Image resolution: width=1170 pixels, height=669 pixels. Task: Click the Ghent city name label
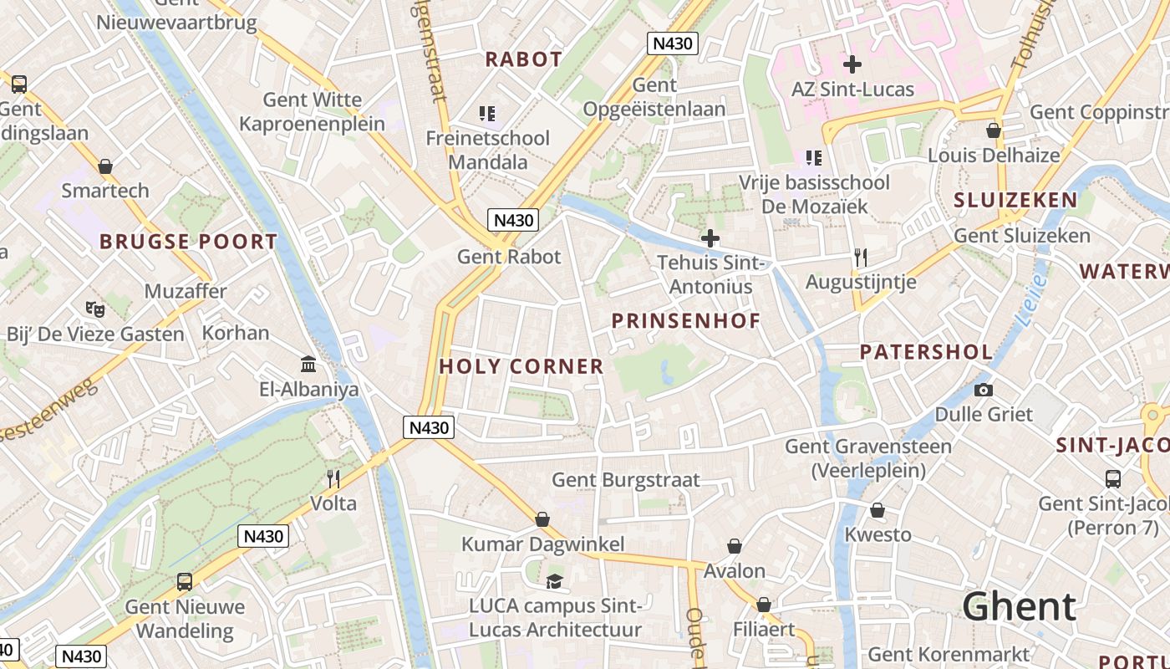coord(1019,606)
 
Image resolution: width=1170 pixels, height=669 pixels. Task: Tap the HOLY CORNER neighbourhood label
coord(521,366)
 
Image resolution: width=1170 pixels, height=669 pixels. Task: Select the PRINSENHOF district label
coord(686,321)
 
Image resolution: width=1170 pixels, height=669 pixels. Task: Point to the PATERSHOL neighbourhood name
coord(927,352)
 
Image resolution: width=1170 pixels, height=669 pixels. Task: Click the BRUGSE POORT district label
coord(188,243)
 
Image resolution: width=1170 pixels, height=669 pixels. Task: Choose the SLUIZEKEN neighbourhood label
coord(1015,200)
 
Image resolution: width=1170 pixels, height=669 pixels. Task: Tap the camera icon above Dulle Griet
coord(984,390)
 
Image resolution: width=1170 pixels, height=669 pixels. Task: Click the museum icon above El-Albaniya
coord(308,365)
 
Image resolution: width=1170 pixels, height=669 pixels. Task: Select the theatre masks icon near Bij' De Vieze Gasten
coord(95,309)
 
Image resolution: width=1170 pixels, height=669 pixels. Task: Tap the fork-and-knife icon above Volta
coord(333,478)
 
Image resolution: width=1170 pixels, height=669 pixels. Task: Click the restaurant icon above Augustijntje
coord(861,258)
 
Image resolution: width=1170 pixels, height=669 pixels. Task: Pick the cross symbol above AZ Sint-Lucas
coord(852,64)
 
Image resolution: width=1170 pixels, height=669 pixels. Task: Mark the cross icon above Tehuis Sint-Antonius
coord(710,238)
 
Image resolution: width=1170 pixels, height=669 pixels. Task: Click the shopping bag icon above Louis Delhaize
coord(994,130)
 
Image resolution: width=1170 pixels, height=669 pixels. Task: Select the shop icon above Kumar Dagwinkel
coord(542,519)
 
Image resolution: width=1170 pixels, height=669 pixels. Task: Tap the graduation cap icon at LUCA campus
coord(554,581)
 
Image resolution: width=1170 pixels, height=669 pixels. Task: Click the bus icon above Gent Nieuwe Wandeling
coord(184,581)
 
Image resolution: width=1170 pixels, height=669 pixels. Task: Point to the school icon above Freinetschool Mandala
coord(487,113)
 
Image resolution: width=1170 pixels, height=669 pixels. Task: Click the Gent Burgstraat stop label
coord(626,480)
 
